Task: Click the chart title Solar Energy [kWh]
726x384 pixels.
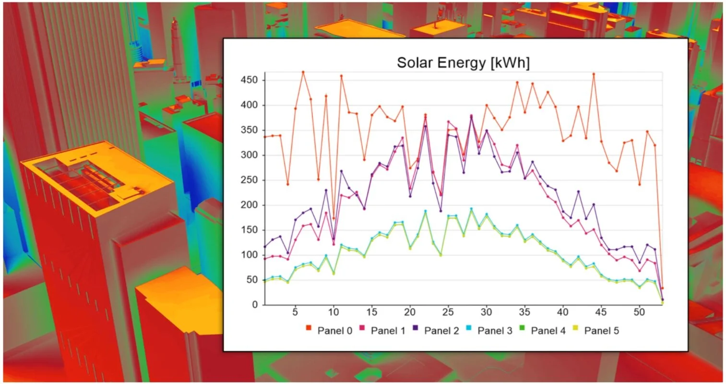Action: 463,62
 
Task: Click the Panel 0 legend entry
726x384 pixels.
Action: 330,330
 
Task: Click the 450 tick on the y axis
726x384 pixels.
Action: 249,80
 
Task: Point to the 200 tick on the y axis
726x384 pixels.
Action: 249,205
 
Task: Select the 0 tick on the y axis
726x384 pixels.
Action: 255,305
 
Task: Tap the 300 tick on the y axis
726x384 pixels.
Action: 249,155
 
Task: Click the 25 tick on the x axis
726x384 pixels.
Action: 448,312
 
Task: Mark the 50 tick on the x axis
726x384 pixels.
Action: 639,312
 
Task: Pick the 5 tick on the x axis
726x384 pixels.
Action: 295,312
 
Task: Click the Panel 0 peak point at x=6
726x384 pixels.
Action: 303,72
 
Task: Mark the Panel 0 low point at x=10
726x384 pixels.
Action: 333,218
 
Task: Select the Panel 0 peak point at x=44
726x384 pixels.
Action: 594,74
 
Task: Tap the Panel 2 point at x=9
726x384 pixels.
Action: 326,190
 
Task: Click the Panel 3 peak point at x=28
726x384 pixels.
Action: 471,208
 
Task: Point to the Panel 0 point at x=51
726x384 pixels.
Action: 647,132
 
